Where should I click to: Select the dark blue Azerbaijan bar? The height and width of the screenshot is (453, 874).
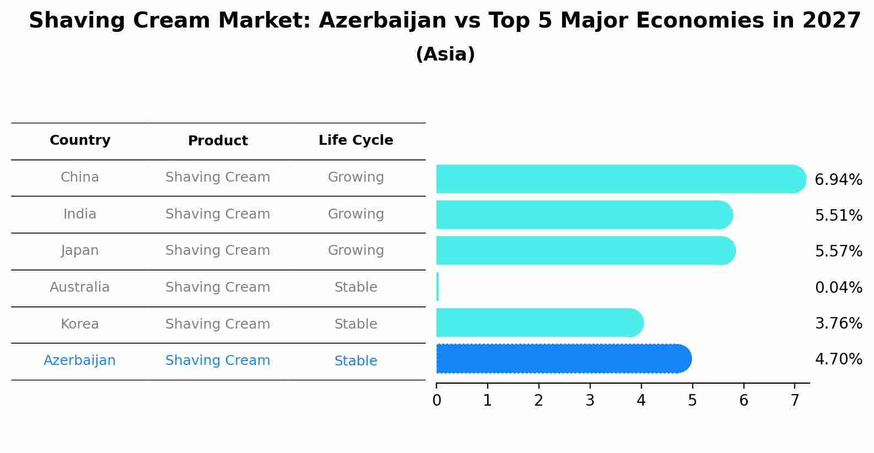[562, 359]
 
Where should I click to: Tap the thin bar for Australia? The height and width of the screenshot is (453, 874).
[438, 287]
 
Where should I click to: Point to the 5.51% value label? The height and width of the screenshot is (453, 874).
[838, 215]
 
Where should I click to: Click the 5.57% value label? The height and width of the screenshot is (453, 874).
[838, 251]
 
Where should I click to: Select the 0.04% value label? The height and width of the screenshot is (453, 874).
[838, 287]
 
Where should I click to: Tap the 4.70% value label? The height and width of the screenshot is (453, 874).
[838, 359]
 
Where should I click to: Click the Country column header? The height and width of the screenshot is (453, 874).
[80, 140]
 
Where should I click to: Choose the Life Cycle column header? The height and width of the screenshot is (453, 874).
[355, 140]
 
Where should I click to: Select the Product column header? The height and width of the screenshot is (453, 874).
[218, 141]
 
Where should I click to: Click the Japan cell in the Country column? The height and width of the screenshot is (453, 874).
[80, 250]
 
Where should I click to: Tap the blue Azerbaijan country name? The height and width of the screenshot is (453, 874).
[80, 361]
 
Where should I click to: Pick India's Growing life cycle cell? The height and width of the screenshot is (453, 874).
[355, 214]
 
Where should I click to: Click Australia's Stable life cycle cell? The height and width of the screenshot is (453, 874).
[355, 287]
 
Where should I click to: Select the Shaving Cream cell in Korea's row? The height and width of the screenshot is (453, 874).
[218, 324]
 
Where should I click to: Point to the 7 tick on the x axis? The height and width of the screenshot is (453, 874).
[795, 401]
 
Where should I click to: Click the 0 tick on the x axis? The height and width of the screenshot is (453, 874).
[436, 401]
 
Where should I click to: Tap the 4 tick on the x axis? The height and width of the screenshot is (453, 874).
[641, 401]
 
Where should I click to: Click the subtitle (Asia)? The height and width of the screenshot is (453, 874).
[445, 54]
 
